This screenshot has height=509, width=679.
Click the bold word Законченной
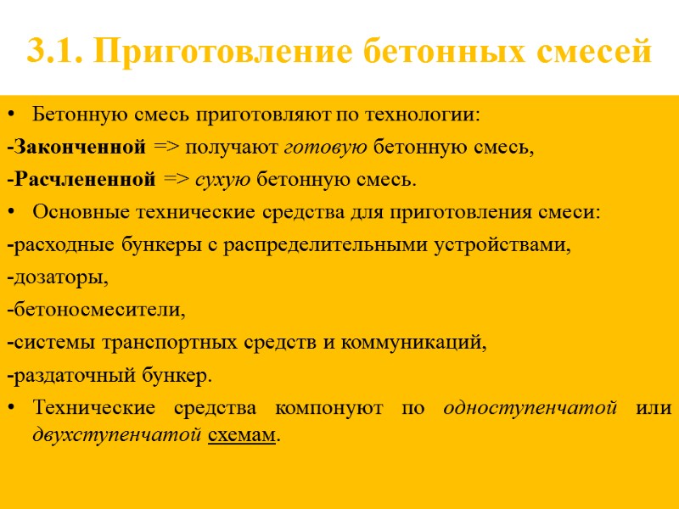(79, 148)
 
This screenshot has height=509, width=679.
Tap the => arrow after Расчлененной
(177, 180)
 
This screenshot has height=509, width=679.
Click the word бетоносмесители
(98, 310)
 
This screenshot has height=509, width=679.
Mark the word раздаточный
(71, 375)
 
